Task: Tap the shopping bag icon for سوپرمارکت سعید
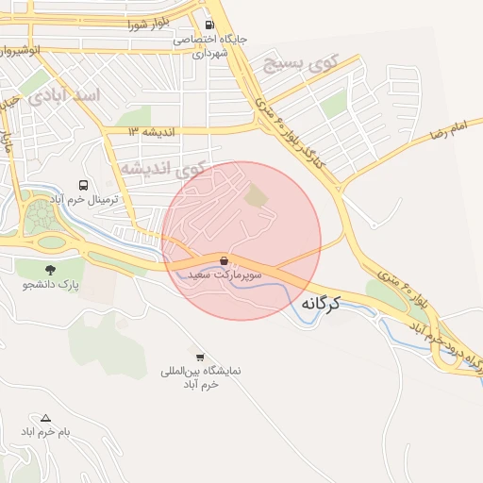tap(223, 260)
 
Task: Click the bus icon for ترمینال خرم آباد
tap(84, 185)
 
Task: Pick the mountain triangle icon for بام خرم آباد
tap(44, 417)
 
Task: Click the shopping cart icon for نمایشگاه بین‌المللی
tap(199, 357)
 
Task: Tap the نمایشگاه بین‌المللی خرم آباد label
tap(200, 378)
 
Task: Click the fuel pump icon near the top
tap(208, 25)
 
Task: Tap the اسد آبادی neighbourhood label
tap(64, 96)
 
